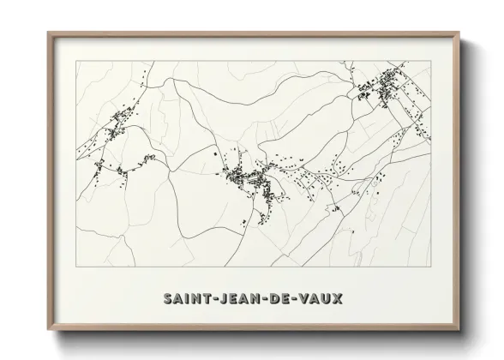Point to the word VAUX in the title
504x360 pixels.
point(321,299)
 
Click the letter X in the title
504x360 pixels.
point(338,299)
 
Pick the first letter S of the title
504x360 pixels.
point(166,299)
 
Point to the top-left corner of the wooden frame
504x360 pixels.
point(48,33)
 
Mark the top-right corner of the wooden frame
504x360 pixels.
point(460,33)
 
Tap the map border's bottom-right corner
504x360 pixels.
point(432,266)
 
